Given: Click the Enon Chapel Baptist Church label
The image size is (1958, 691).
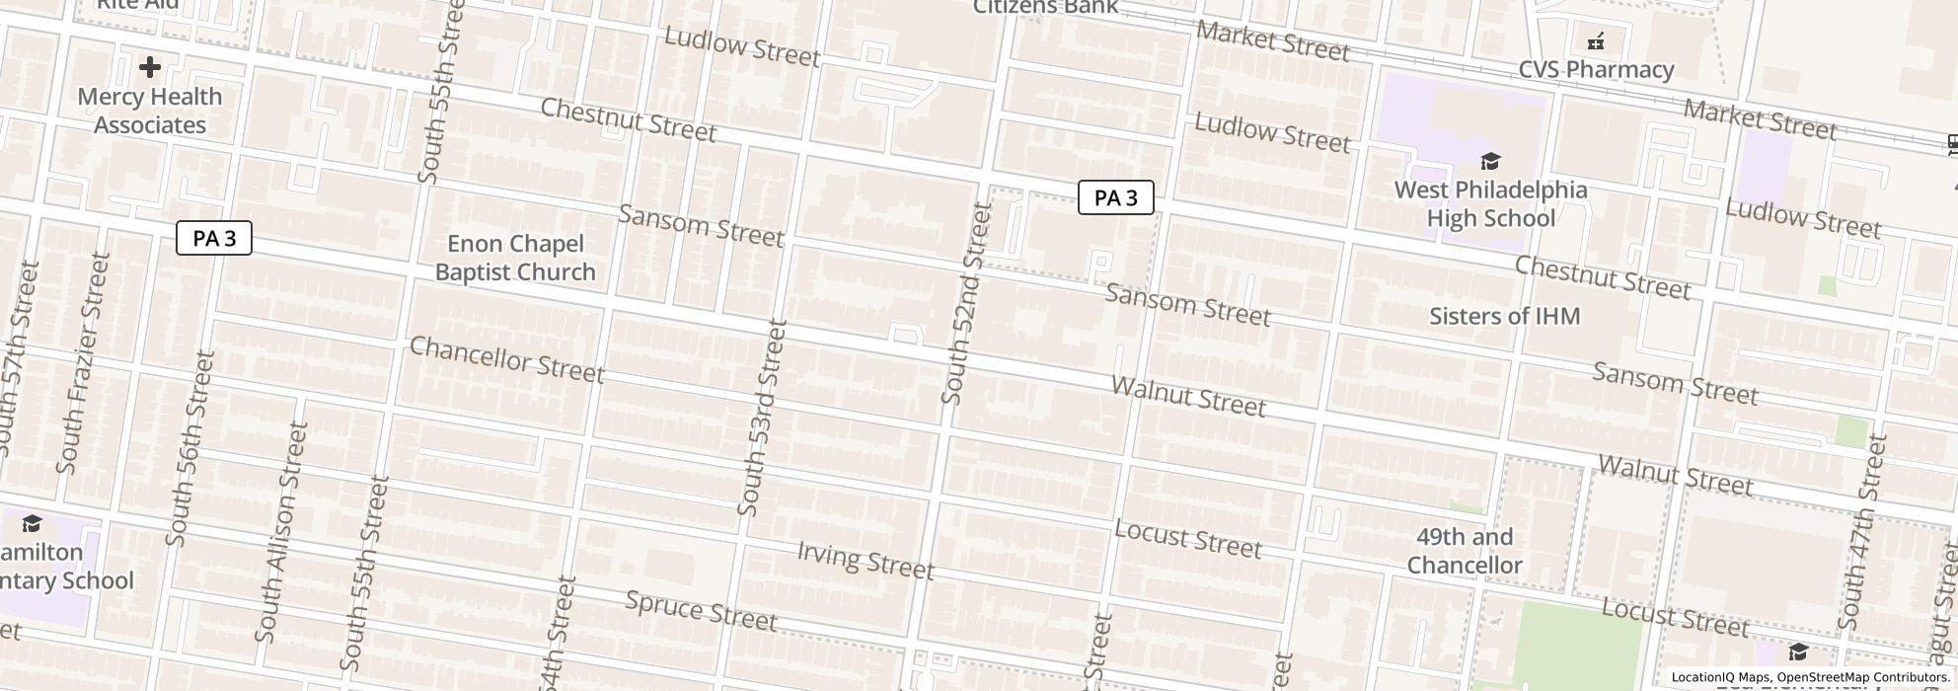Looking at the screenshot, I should (x=515, y=258).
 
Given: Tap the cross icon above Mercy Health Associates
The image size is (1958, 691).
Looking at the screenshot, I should (x=150, y=67).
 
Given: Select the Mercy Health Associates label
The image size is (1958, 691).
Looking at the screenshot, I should (x=150, y=111).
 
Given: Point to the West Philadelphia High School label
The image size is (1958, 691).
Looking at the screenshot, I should (x=1490, y=204).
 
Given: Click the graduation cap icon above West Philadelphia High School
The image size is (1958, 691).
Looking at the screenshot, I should (x=1490, y=161).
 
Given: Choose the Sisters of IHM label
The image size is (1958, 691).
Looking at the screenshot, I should (x=1504, y=316).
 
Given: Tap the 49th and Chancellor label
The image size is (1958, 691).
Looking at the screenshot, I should (x=1465, y=551).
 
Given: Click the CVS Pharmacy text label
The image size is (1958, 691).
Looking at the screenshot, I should (x=1595, y=70).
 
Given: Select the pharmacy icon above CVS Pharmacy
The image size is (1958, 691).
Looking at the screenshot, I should (x=1596, y=41).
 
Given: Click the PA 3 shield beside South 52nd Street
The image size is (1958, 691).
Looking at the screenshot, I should (x=1115, y=198).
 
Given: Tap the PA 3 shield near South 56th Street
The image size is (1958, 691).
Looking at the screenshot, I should (x=214, y=239).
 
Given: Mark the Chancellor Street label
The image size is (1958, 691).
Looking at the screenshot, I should (x=506, y=359).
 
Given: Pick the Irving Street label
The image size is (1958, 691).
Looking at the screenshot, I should (x=865, y=561).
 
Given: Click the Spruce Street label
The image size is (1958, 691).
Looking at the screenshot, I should (x=701, y=611).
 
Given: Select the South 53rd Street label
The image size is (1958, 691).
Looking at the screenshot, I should (x=762, y=418).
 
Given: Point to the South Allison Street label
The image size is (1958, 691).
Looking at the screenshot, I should (x=281, y=532).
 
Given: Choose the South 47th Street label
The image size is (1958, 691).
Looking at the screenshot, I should (x=1863, y=531).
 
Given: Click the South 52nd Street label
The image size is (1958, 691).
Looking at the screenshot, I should (x=965, y=303).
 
